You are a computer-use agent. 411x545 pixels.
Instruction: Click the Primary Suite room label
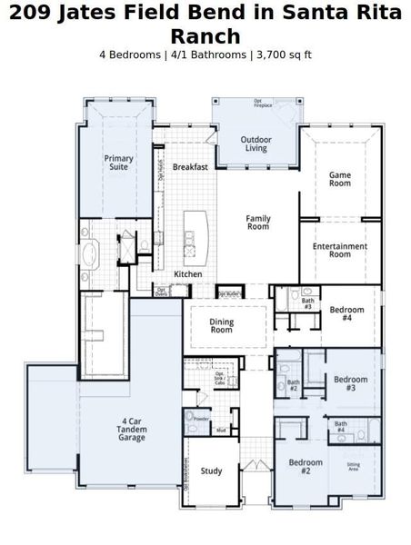pos(118,163)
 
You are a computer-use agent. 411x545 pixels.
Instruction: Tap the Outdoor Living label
pos(256,144)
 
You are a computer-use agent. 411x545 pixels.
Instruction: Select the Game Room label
pos(340,178)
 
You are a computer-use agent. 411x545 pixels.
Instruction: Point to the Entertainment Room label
pos(340,250)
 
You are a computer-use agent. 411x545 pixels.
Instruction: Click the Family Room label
pos(258,222)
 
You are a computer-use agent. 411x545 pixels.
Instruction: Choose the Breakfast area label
pos(190,167)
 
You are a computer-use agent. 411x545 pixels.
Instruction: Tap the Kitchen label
pos(188,273)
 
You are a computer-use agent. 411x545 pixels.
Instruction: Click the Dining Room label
pos(222,326)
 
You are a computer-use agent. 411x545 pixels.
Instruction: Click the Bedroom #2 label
pos(306,467)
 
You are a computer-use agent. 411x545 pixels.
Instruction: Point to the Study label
pos(211,471)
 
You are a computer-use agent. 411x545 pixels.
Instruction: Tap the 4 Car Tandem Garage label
pos(132,430)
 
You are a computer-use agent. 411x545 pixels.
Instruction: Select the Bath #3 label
pos(307,304)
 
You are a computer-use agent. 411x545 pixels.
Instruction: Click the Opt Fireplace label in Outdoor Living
pos(263,104)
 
